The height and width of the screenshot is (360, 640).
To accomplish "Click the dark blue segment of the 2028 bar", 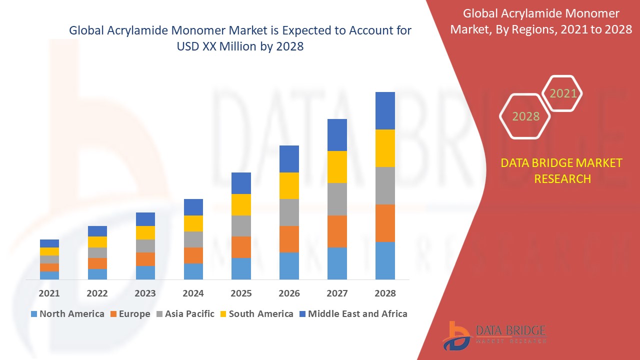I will [385, 110].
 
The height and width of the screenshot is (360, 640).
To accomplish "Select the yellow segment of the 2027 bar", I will [337, 166].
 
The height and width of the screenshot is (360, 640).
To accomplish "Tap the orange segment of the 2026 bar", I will [289, 239].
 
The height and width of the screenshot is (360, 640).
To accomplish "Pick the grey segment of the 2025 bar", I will [241, 225].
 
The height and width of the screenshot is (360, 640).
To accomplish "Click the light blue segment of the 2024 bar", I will [193, 271].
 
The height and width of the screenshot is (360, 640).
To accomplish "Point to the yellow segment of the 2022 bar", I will [97, 241].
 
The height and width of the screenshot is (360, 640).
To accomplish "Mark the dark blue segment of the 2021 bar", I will [49, 243].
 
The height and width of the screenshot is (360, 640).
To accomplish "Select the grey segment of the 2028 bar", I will [385, 185].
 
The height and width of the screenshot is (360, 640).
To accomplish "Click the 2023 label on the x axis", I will [145, 293].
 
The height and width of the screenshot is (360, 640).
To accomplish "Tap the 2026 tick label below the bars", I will [289, 293].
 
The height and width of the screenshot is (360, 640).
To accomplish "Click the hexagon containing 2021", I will [563, 93].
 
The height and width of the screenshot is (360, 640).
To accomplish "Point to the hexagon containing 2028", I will [525, 116].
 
